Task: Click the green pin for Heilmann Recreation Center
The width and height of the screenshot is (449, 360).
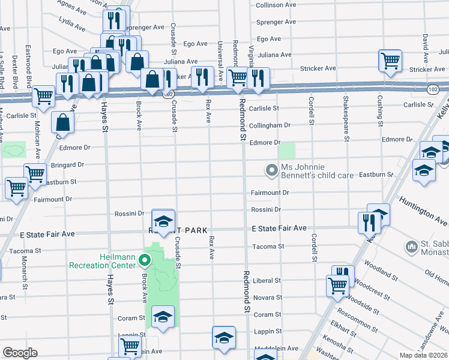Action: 144,260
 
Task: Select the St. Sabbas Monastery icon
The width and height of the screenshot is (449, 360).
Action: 412,246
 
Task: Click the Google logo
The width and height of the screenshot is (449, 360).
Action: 20,353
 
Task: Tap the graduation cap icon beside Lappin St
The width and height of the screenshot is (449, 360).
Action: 223,337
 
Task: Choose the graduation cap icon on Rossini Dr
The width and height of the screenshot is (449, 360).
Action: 163,220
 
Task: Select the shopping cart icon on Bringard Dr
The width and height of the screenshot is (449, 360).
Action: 35,174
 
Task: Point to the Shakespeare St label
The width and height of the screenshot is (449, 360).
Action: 346,118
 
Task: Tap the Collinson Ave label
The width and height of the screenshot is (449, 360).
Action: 276,5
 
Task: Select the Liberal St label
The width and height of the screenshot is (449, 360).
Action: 267,280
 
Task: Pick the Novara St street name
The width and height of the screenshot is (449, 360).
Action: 268,298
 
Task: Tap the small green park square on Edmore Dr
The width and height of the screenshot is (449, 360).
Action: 288,151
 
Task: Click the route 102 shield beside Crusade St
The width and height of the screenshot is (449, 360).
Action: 170,94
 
